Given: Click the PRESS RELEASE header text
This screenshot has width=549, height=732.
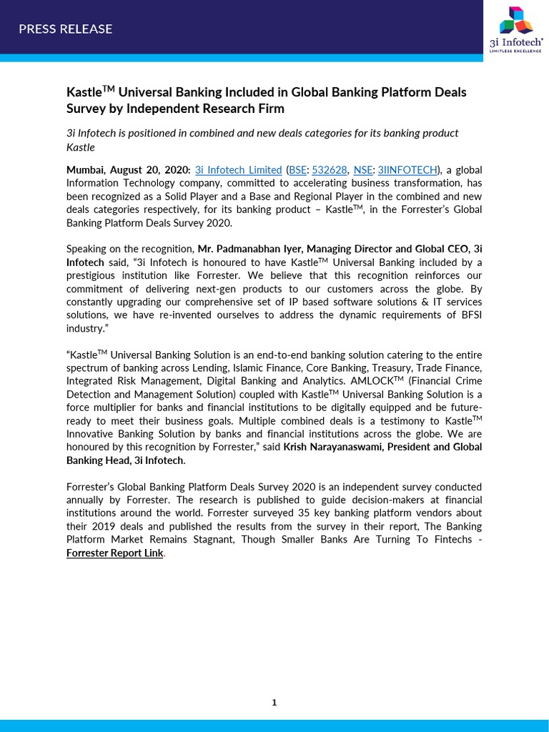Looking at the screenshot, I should (65, 29).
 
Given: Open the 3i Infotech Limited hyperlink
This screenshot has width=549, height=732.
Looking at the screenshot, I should (238, 170).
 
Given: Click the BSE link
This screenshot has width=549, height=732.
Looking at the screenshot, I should (297, 170).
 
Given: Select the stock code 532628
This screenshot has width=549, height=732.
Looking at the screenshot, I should (330, 170).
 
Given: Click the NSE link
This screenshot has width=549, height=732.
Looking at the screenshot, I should (362, 170).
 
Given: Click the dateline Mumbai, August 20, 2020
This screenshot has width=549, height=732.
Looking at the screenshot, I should (128, 170).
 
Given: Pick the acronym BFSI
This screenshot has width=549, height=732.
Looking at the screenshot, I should (461, 315).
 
